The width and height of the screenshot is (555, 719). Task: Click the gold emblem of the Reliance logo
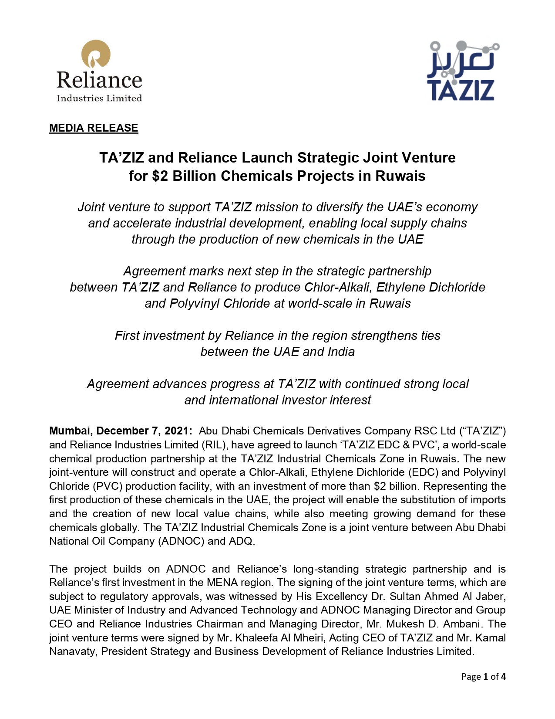(96, 54)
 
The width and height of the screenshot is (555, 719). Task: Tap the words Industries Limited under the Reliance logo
(99, 98)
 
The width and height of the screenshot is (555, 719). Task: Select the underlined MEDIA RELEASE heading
(94, 128)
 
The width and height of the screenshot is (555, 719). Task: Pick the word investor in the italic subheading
(301, 400)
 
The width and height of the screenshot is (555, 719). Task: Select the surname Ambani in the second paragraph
(465, 624)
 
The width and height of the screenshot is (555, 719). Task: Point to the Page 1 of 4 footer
(483, 677)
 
